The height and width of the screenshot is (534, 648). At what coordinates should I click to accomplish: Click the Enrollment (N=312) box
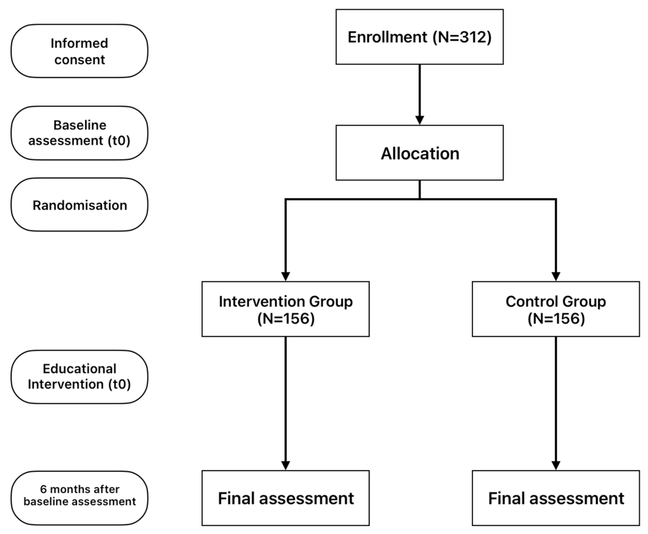(x=419, y=37)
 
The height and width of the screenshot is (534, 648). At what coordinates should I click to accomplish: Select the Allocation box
(x=419, y=153)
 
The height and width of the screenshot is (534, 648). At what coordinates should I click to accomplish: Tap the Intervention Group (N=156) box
(x=285, y=309)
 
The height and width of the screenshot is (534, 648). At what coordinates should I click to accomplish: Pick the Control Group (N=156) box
(x=556, y=309)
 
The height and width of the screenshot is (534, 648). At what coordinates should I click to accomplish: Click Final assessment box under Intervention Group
(x=285, y=498)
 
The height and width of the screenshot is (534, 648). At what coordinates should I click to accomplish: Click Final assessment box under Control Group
(x=556, y=498)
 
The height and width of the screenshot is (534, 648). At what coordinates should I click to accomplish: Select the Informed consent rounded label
(x=79, y=51)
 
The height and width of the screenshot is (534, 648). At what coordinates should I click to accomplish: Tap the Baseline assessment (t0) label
(x=79, y=133)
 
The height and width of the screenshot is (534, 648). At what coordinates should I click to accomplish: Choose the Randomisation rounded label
(x=79, y=205)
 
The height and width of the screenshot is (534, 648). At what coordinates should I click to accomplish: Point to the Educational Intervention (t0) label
(x=79, y=377)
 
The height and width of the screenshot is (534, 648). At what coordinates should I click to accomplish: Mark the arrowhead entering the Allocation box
(x=419, y=120)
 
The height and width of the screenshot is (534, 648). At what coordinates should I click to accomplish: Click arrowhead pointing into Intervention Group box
(x=285, y=276)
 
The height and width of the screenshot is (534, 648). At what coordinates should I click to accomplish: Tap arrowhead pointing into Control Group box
(x=556, y=276)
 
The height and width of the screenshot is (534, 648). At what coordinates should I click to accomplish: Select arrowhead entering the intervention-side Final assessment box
(x=285, y=465)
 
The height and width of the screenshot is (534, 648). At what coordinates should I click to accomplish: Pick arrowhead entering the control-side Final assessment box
(x=556, y=465)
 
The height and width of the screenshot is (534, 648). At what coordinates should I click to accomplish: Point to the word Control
(x=529, y=301)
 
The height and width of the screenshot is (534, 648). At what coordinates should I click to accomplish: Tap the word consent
(x=79, y=60)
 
